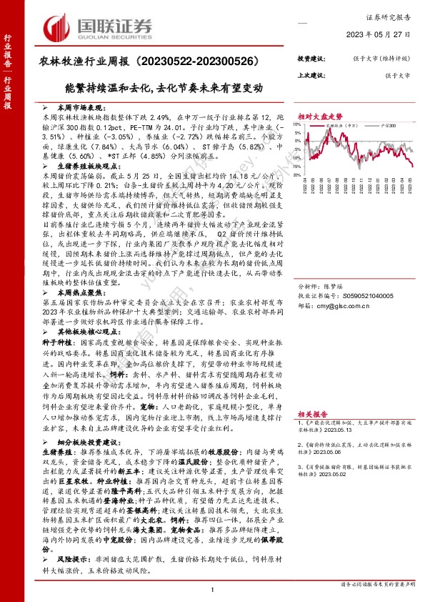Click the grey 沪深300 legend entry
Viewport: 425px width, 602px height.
[389, 124]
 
